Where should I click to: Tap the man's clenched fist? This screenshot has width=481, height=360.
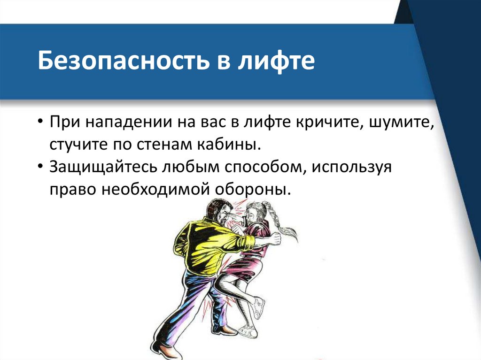[273, 239]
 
